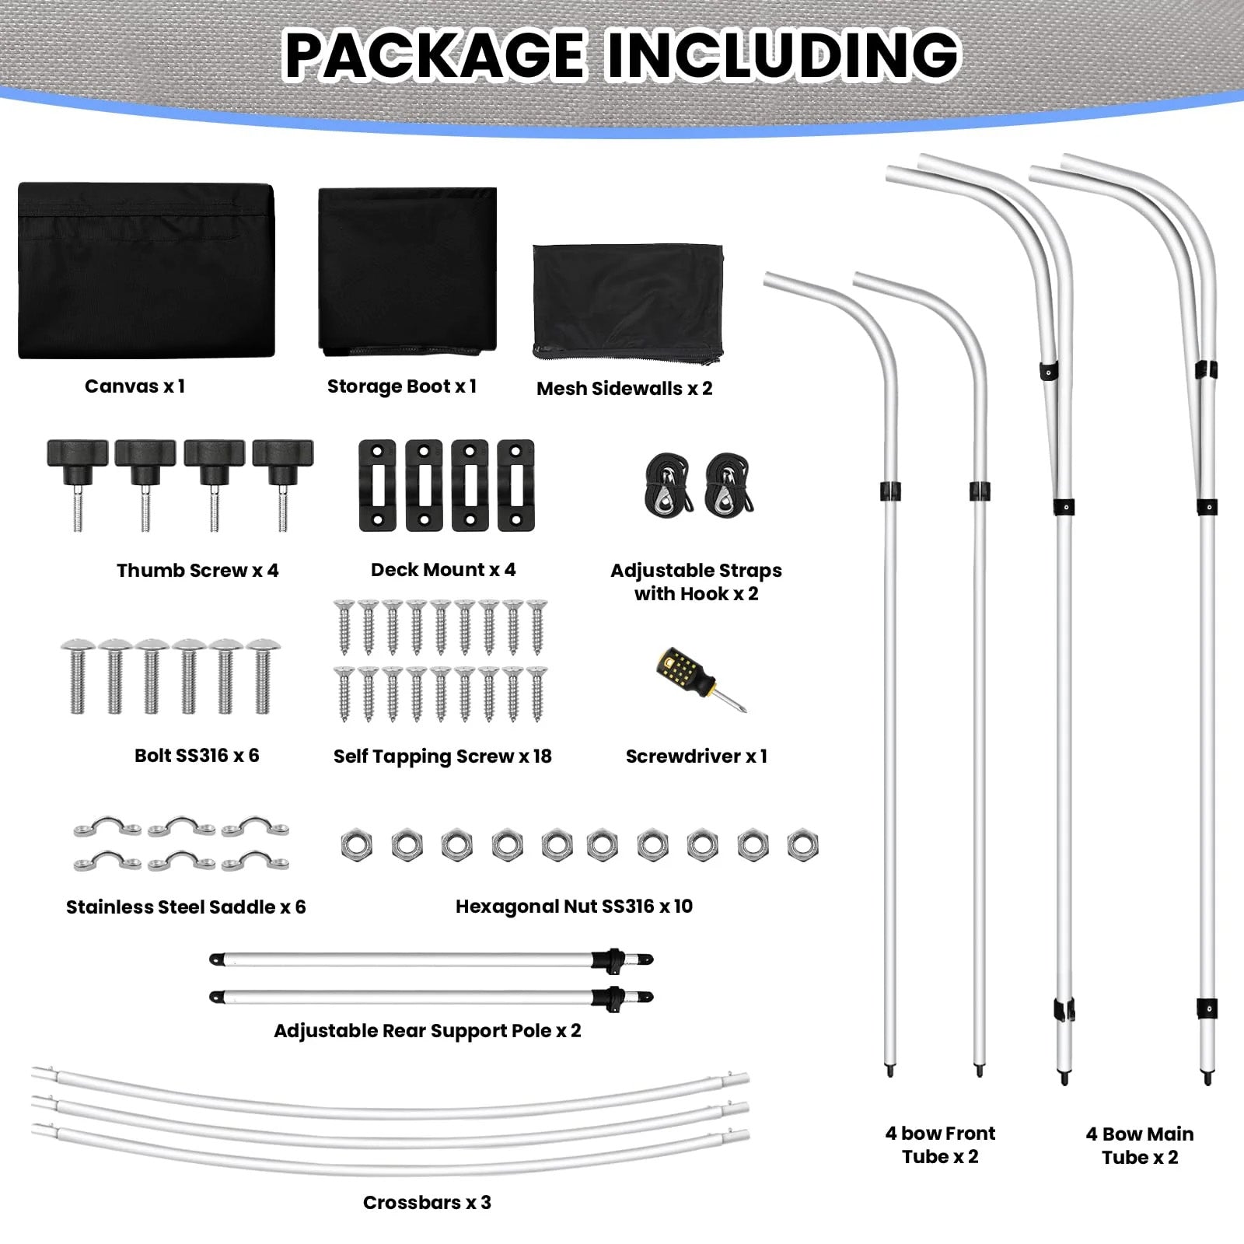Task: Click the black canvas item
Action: (x=146, y=271)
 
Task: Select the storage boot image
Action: (x=407, y=271)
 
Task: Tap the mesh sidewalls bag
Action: (x=628, y=305)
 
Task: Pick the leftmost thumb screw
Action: (x=77, y=484)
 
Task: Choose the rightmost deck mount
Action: (x=515, y=485)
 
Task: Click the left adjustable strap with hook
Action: (x=668, y=486)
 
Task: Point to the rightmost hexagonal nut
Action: (x=802, y=846)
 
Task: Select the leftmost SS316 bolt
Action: (x=78, y=676)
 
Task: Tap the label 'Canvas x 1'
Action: (x=135, y=386)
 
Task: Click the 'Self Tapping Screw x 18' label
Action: (x=442, y=757)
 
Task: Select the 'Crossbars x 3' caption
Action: (x=427, y=1203)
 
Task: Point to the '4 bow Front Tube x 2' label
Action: (x=940, y=1145)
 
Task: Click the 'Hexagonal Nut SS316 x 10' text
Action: (x=574, y=907)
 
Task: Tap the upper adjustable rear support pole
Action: (x=432, y=959)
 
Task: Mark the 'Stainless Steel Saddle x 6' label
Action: (x=186, y=907)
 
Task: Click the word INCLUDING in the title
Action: (x=782, y=54)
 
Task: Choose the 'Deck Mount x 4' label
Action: (x=443, y=570)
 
